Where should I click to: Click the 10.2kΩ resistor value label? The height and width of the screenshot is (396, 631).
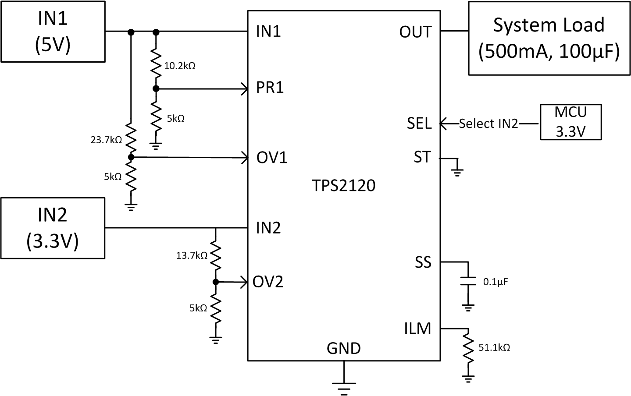(179, 66)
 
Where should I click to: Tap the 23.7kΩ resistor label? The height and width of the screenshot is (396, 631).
(106, 140)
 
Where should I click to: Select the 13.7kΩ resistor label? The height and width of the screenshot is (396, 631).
(192, 255)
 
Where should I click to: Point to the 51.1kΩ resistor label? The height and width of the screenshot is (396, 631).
(494, 348)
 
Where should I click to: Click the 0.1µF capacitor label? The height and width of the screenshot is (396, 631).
(496, 282)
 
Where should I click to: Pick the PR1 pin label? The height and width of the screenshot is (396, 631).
(270, 88)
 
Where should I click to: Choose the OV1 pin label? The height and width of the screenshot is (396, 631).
(272, 158)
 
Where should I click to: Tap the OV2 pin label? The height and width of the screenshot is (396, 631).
(268, 282)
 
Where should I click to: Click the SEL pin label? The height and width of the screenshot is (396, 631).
(419, 124)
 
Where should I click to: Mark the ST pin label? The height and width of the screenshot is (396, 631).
(422, 157)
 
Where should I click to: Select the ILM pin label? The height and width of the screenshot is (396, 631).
(417, 328)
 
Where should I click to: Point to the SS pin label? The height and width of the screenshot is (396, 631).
(423, 262)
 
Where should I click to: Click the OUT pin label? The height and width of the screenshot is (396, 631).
(415, 32)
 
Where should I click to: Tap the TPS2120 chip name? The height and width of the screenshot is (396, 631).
(344, 186)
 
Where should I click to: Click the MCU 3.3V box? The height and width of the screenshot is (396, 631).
(570, 122)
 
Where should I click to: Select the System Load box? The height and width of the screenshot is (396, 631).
(549, 39)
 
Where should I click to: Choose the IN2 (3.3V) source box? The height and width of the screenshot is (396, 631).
(53, 228)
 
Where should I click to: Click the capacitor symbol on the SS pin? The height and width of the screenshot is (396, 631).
(468, 282)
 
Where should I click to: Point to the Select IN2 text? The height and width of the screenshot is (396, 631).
(488, 124)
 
